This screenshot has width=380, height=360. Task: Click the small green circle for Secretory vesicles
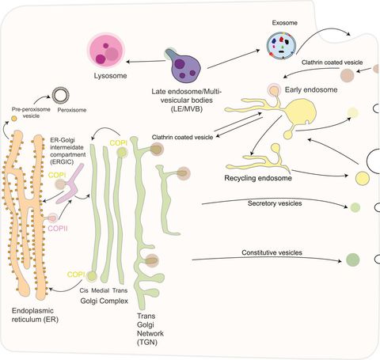tap(355, 208)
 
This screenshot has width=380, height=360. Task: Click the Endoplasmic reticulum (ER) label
tap(32, 320)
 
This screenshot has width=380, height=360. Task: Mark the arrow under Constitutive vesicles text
tap(261, 260)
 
